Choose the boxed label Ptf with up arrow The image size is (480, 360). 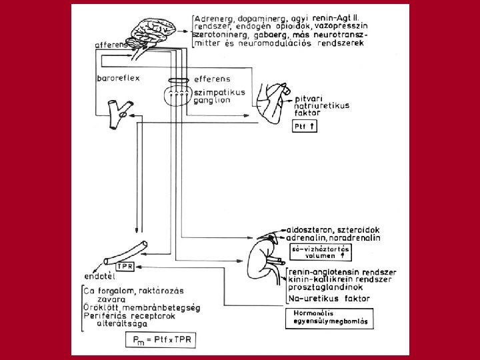[x=303, y=127]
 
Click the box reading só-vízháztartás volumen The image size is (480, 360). [x=322, y=251]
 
